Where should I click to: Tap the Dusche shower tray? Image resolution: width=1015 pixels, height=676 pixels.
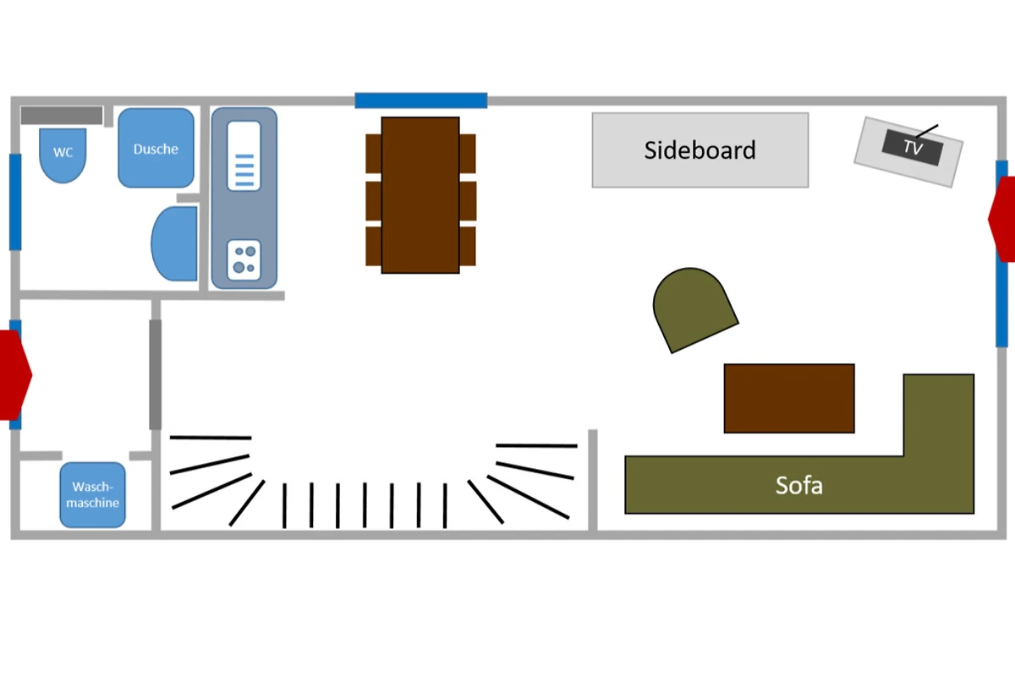156,148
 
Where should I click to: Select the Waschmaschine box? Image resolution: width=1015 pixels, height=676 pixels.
92,495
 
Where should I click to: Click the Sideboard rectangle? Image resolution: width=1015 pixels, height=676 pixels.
700,150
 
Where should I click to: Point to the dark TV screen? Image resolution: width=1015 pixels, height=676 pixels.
913,148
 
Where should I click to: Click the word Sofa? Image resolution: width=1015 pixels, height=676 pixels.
798,485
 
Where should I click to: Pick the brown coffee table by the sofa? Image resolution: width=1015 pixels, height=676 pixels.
789,399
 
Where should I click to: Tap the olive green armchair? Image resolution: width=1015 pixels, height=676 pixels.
693,308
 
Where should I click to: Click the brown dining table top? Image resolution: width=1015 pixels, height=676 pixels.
420,195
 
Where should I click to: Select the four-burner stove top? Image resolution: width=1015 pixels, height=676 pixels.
244,260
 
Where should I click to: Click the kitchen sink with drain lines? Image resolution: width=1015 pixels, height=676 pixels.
244,155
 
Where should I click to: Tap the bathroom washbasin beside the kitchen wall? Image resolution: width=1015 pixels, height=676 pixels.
175,243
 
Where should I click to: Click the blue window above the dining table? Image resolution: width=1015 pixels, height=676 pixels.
421,101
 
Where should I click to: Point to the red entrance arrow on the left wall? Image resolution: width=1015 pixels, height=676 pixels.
15,375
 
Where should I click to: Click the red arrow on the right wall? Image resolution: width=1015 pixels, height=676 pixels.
1001,219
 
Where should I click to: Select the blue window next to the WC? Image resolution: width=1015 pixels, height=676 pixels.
15,202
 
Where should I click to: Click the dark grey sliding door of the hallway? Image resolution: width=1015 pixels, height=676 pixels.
156,374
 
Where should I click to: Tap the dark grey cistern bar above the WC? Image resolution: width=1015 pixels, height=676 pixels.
62,115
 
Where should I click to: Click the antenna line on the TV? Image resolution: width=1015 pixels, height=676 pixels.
927,131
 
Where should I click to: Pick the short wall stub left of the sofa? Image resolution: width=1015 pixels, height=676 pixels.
593,480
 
